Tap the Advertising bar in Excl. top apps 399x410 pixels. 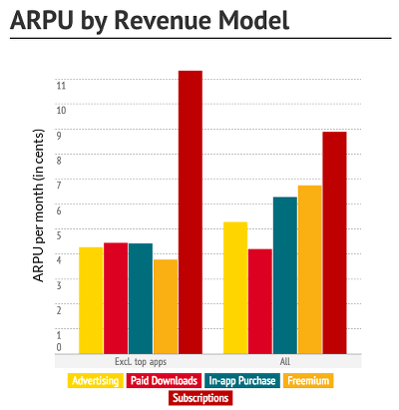[x=91, y=299]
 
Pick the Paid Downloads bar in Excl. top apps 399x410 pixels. [x=116, y=297]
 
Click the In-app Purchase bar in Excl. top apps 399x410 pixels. [x=141, y=297]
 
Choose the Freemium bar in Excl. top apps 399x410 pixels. [x=166, y=305]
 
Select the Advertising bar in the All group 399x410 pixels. [x=234, y=287]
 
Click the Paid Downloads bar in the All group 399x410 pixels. [x=259, y=300]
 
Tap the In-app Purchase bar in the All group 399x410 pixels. [x=285, y=274]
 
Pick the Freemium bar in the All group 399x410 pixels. [x=309, y=268]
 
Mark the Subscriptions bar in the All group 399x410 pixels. [x=334, y=242]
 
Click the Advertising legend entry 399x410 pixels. [x=95, y=380]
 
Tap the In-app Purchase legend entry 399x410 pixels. [x=241, y=380]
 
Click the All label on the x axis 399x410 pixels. [x=285, y=361]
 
